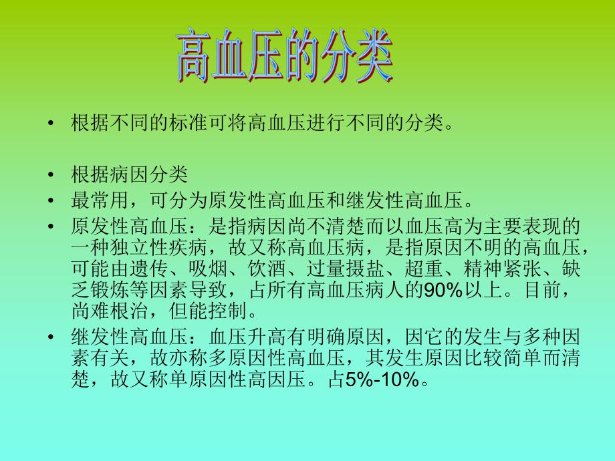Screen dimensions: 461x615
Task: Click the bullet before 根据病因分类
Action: point(51,175)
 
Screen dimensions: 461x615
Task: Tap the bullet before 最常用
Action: point(51,200)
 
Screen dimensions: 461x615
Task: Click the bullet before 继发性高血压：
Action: point(51,337)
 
